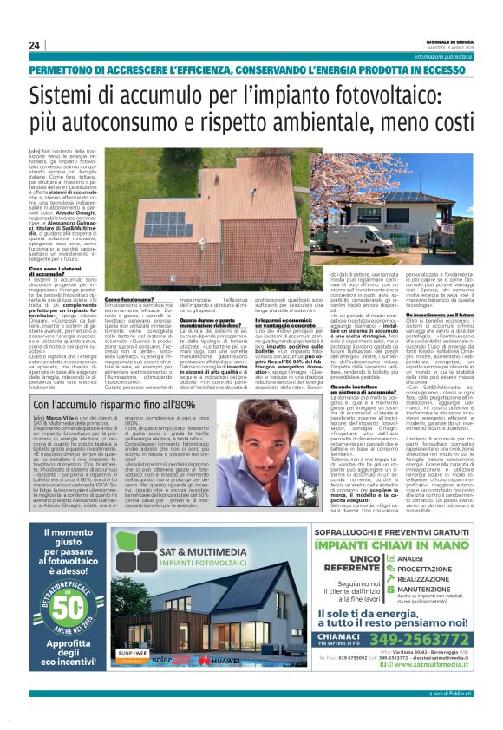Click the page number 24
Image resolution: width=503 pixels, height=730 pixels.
[x=33, y=45]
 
